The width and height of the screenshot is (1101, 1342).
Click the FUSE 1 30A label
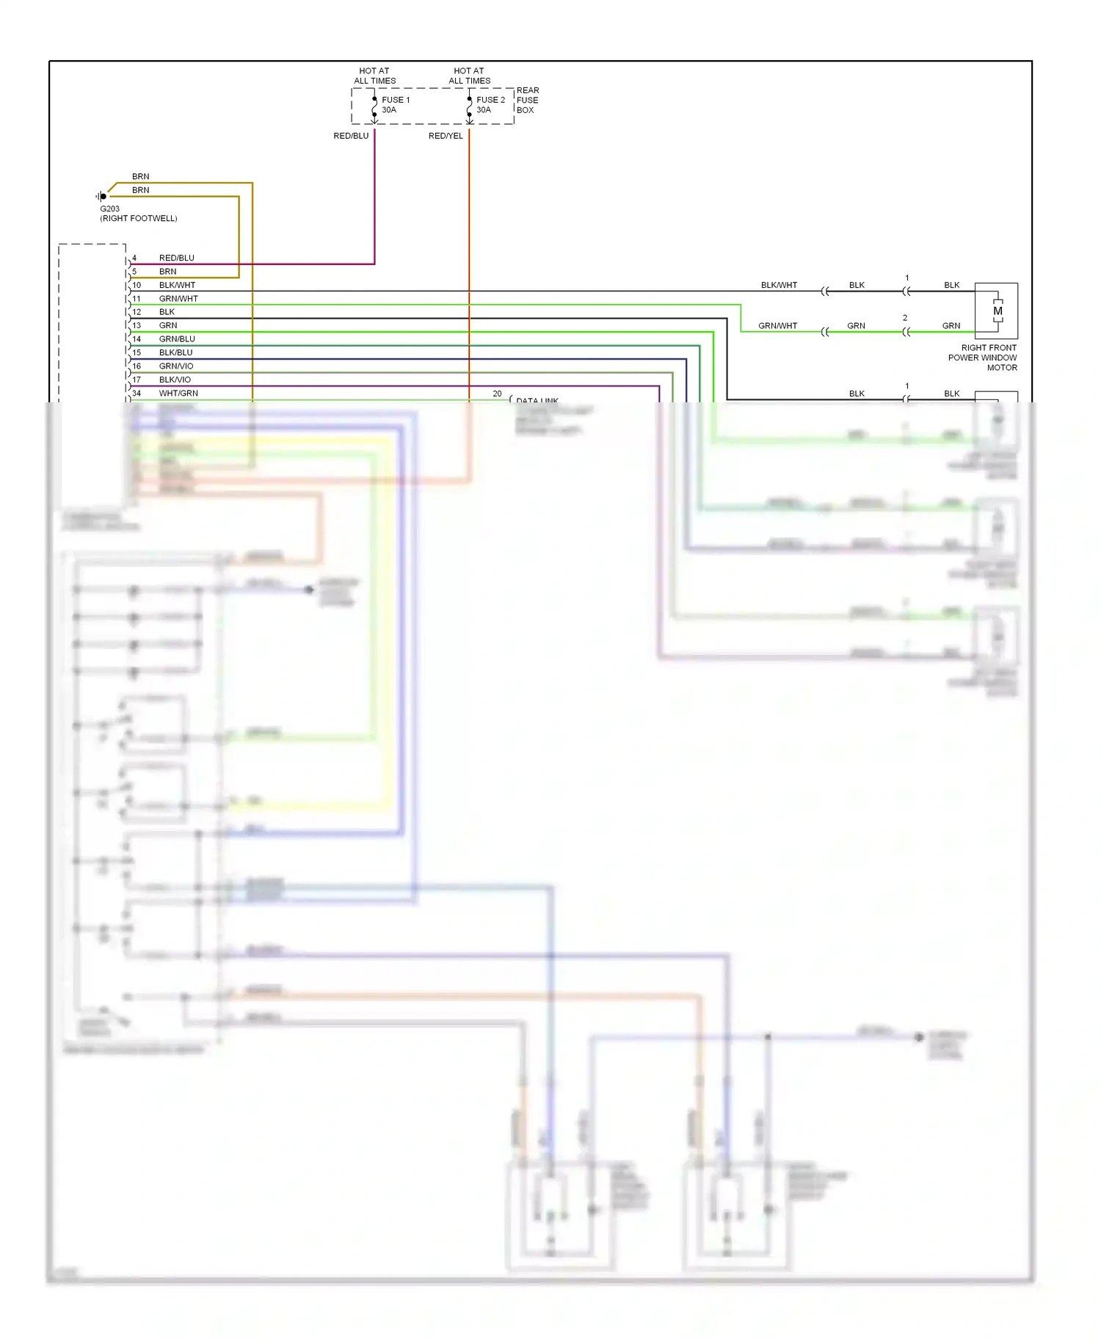coord(395,105)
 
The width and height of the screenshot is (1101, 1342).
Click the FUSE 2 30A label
coord(490,105)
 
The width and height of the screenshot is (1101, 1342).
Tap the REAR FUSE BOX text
coord(527,101)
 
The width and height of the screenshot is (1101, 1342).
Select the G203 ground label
coord(110,208)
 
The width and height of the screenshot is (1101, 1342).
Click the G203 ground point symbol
coord(102,196)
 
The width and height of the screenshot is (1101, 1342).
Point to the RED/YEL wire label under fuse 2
coord(446,136)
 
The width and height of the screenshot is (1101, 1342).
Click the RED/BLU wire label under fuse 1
coord(351,136)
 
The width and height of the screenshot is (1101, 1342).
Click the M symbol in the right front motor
coord(998,311)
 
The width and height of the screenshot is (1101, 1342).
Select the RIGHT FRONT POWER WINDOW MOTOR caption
coord(984,358)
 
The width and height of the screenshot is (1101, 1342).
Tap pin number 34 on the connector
coord(137,393)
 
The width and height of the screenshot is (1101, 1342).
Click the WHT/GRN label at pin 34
coord(178,393)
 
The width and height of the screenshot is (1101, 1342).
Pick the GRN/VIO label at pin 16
coord(176,366)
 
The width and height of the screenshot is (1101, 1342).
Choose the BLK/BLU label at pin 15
coord(175,352)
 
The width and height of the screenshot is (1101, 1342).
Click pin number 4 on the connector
coord(134,258)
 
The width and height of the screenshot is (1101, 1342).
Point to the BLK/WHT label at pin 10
coord(177,285)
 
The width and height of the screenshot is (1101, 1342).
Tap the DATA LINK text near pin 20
coord(537,400)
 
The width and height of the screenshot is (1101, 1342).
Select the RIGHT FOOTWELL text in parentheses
coord(139,219)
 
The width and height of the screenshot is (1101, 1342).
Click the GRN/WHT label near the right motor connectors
coord(777,326)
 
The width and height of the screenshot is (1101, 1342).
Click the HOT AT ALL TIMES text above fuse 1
coord(374,76)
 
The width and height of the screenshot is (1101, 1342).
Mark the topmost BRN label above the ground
coord(140,177)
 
